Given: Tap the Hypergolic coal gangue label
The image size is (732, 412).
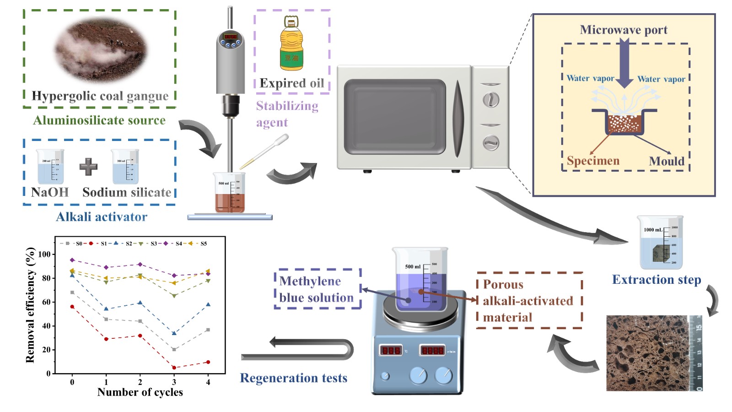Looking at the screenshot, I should (100, 96).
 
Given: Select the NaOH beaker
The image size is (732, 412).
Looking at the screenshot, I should (50, 167).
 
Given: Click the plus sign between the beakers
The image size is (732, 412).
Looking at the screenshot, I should (88, 167).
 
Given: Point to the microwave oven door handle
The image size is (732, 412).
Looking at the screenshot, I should (458, 118).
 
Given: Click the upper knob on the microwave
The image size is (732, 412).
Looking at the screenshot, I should (491, 99).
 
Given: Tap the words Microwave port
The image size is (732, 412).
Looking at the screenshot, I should (624, 30).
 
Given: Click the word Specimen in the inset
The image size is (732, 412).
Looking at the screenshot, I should (593, 161).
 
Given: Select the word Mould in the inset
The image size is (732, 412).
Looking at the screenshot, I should (667, 161).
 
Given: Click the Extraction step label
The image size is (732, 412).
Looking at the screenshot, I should (656, 280).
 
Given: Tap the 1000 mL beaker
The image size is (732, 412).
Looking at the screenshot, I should (661, 243).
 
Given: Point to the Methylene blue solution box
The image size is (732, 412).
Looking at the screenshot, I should (317, 289).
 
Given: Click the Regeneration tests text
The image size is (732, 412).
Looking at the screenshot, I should (293, 378).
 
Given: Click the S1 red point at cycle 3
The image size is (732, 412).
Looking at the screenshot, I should (174, 367).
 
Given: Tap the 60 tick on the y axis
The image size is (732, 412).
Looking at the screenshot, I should (46, 302).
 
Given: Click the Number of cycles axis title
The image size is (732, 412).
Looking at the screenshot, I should (140, 392).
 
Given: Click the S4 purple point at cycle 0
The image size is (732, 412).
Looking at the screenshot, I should (72, 260).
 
